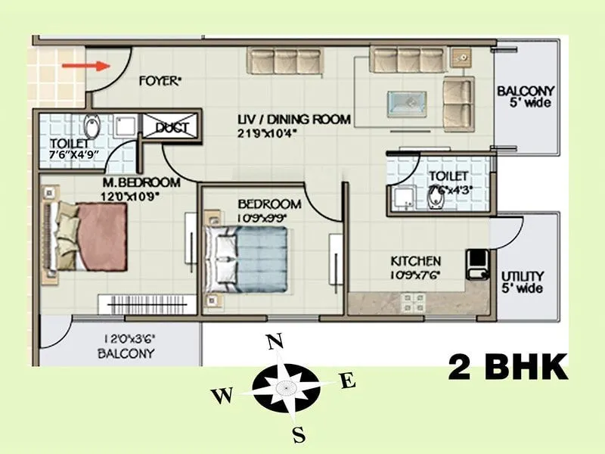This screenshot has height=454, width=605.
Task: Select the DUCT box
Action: (x=171, y=128)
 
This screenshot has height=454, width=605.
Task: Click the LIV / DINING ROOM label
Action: (x=294, y=119)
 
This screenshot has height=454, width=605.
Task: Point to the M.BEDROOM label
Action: (x=142, y=182)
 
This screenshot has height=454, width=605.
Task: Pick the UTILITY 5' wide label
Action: (x=522, y=282)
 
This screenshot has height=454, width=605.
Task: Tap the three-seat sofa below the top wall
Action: (x=285, y=61)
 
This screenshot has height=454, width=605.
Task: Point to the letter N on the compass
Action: (x=275, y=344)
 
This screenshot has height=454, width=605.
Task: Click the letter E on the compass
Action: (x=347, y=381)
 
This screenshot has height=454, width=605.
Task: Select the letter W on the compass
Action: (x=221, y=395)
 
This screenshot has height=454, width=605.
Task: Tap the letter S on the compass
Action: (x=299, y=434)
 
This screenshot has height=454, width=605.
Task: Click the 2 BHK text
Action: (x=507, y=368)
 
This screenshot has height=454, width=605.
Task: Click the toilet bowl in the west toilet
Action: (x=92, y=126)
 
